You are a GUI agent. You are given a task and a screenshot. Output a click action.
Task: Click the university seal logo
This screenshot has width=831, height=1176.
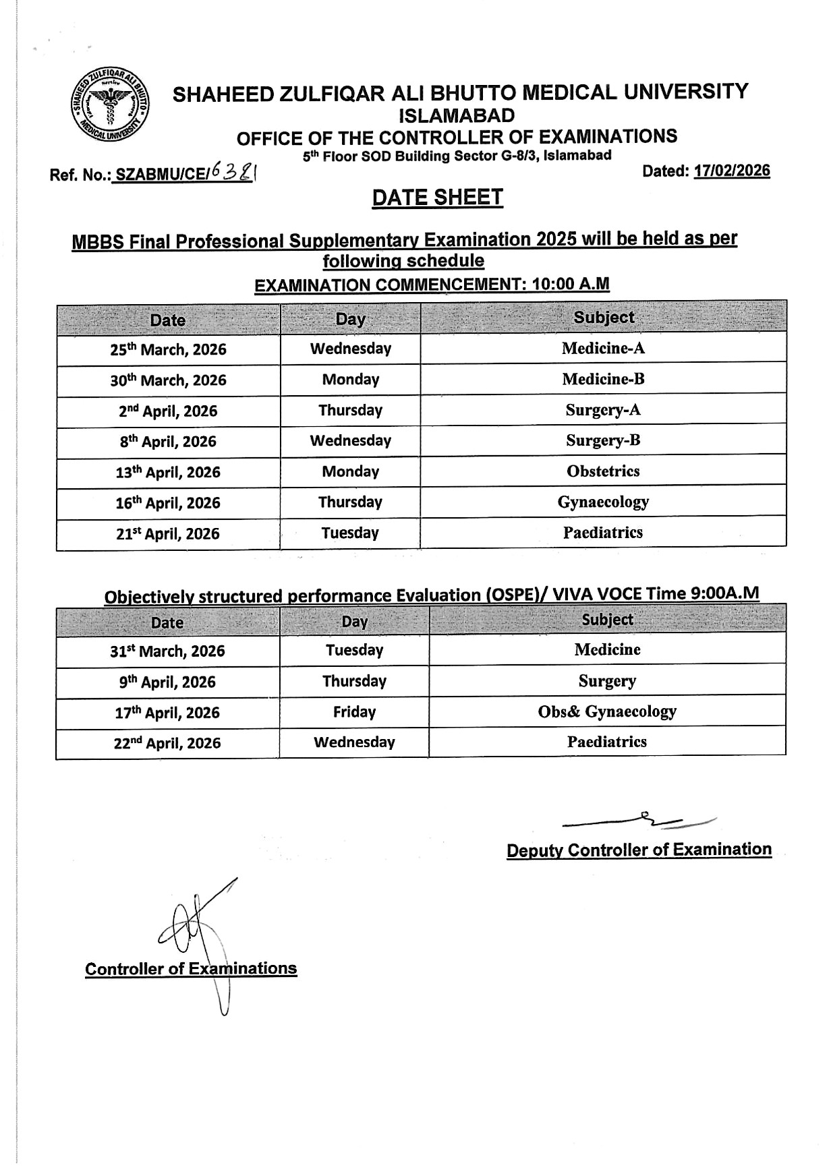point(110,106)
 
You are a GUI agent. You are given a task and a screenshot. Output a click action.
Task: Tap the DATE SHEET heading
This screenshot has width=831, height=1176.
point(437,197)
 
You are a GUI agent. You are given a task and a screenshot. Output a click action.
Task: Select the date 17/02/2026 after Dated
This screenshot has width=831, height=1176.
point(732,171)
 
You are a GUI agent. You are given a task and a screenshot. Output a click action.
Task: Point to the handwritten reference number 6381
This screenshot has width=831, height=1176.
point(233,174)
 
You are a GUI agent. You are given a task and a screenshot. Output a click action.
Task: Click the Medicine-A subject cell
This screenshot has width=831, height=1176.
point(603,349)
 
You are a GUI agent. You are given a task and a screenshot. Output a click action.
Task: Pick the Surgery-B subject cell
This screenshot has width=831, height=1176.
point(603,440)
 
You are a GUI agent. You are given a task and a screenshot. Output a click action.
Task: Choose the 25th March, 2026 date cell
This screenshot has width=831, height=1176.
point(168,349)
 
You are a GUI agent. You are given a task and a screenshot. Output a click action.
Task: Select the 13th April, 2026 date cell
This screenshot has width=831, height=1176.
point(168,472)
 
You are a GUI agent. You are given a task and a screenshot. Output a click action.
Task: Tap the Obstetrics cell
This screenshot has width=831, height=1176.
point(603,471)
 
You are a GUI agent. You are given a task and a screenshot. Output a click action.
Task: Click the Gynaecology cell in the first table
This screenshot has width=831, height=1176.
point(603,502)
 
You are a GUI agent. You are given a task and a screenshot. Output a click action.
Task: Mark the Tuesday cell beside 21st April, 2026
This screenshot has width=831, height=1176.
point(350,533)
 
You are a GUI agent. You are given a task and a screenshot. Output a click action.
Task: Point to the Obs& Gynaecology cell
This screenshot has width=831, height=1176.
point(607,711)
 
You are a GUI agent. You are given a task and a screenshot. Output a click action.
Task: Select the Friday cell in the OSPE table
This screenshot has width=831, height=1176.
point(354,712)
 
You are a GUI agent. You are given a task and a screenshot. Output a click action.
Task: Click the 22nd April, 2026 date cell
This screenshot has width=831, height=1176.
point(168,743)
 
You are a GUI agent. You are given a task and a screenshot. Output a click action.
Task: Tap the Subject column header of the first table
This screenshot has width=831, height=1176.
point(604,318)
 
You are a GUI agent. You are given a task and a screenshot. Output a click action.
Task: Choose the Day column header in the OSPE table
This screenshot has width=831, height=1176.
point(354,621)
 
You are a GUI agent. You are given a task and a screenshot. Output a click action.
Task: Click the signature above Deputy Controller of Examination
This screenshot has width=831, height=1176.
point(641,820)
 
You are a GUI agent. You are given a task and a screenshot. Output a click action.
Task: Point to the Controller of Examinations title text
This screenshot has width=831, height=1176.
point(191,969)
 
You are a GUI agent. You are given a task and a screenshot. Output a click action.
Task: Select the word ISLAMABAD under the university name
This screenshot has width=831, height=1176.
point(457,115)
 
